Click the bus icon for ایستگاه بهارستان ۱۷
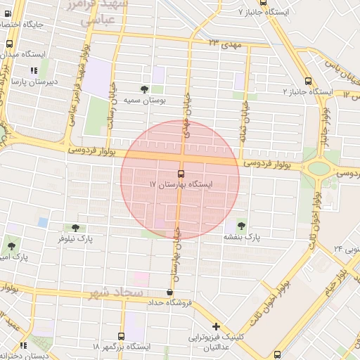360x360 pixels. [x=181, y=174]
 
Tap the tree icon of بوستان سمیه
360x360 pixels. [x=145, y=89]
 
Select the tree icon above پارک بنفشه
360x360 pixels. [x=242, y=226]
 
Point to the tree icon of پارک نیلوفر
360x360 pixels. [x=75, y=228]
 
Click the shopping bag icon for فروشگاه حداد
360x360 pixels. [x=169, y=292]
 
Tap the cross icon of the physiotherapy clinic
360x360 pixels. [x=216, y=326]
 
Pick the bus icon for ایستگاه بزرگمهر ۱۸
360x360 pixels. [x=122, y=336]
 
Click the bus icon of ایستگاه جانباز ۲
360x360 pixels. [x=308, y=81]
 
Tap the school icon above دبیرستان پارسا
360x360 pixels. [x=33, y=70]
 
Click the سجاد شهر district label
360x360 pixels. [x=115, y=292]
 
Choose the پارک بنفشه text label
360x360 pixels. [x=243, y=238]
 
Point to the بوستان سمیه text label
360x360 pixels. [x=145, y=101]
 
